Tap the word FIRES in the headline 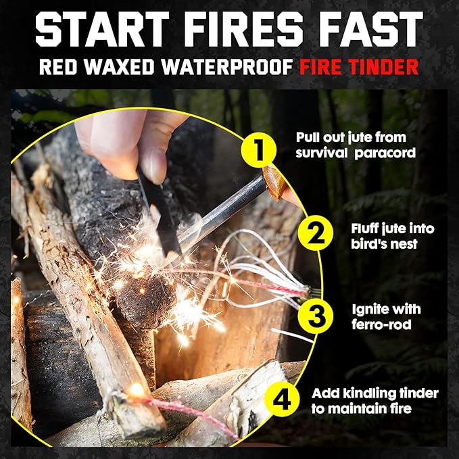tap(243, 29)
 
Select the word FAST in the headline tap(371, 29)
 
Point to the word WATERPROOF tap(227, 67)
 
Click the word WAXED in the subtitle tap(119, 67)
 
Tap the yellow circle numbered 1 tap(259, 150)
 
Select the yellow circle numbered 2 tap(316, 233)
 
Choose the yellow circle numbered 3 tap(316, 316)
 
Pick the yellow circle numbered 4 tap(282, 399)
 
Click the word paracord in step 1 tap(385, 153)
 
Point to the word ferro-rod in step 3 tap(381, 324)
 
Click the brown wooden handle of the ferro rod tap(274, 183)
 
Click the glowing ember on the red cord tap(137, 389)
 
